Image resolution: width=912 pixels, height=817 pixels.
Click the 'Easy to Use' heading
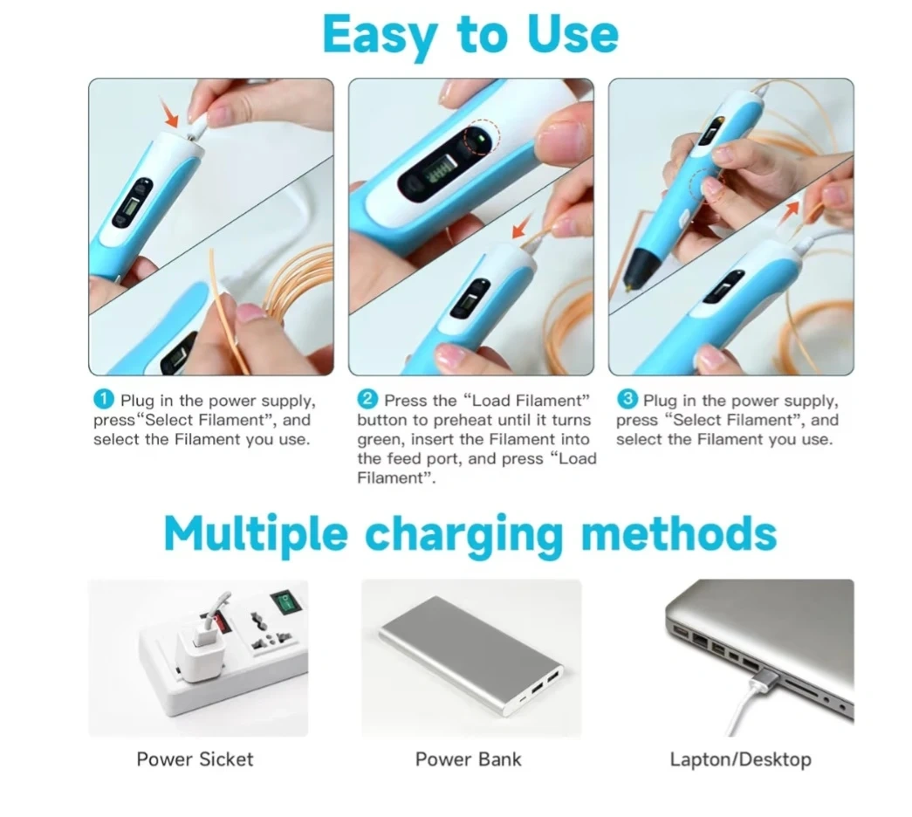coord(470,35)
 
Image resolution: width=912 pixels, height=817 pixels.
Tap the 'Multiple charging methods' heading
coord(470,534)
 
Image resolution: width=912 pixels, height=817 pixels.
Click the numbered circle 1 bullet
coord(104,399)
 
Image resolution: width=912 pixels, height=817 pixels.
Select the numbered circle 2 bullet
coord(367,399)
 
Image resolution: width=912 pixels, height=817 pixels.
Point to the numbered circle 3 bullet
coord(627,399)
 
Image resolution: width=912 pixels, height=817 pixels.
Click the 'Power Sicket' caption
coord(195,759)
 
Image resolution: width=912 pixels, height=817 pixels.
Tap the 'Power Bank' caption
coord(468,759)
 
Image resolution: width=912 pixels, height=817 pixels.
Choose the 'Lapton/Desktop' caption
coord(740,760)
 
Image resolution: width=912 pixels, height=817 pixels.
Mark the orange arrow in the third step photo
coord(790,214)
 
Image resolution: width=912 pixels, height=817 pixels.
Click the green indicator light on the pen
coord(482,139)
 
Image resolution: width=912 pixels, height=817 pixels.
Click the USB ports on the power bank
coord(545,682)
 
